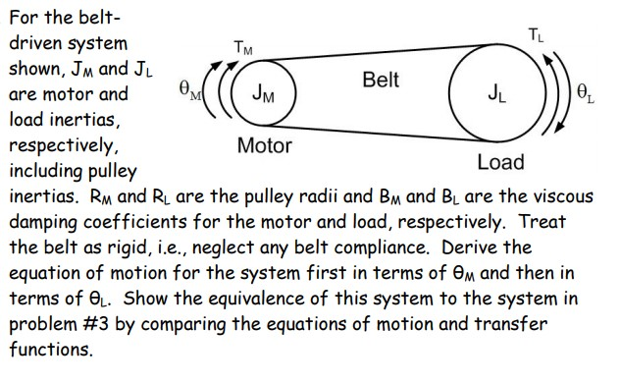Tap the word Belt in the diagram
click(380, 80)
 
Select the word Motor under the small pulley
click(265, 146)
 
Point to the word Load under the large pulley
click(500, 162)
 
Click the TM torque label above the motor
click(242, 46)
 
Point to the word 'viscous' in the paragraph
click(551, 196)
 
